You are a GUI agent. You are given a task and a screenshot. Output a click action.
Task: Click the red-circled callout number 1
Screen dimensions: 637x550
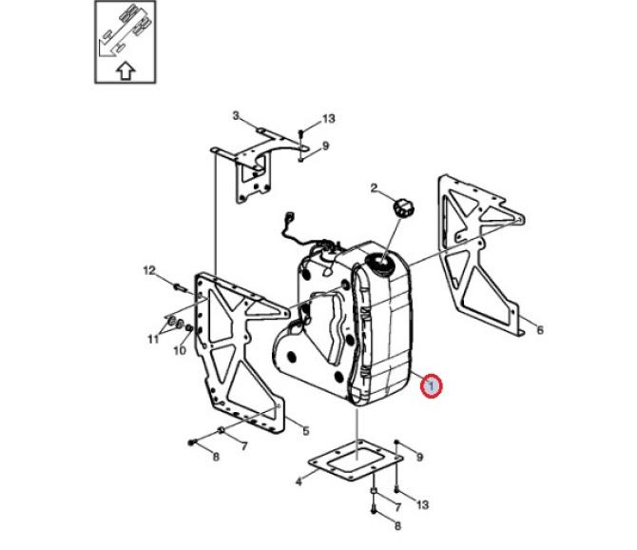tap(431, 384)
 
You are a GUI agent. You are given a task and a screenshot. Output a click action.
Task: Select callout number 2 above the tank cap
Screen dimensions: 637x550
tap(374, 188)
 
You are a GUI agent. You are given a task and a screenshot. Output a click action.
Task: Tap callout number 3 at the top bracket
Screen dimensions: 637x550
tap(236, 116)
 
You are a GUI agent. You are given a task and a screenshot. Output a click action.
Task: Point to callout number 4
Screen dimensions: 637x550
tap(299, 482)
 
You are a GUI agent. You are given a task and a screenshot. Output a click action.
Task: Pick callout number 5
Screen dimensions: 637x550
tap(306, 431)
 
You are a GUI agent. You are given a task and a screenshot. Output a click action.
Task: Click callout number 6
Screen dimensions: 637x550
tap(540, 329)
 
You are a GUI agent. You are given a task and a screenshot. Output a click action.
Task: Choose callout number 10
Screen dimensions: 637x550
tap(180, 350)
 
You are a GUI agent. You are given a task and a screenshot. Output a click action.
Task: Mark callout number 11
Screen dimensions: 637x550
tap(153, 339)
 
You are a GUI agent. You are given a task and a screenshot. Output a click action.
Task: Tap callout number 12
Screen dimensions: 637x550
tap(149, 270)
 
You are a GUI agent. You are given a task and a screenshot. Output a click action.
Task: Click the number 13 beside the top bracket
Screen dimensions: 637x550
tap(329, 119)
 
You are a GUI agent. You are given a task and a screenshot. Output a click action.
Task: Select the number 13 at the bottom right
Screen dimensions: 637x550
tap(422, 505)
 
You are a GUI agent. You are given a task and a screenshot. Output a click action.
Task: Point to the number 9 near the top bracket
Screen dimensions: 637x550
tap(325, 146)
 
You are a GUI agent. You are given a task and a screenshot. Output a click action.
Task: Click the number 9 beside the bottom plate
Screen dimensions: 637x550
tap(419, 458)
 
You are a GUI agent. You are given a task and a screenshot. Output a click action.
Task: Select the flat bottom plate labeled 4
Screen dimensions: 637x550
tap(356, 461)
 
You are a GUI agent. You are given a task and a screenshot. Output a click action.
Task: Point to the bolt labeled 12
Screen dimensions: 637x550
tap(179, 287)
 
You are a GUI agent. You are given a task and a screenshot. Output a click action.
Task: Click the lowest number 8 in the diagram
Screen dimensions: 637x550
tap(397, 526)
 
